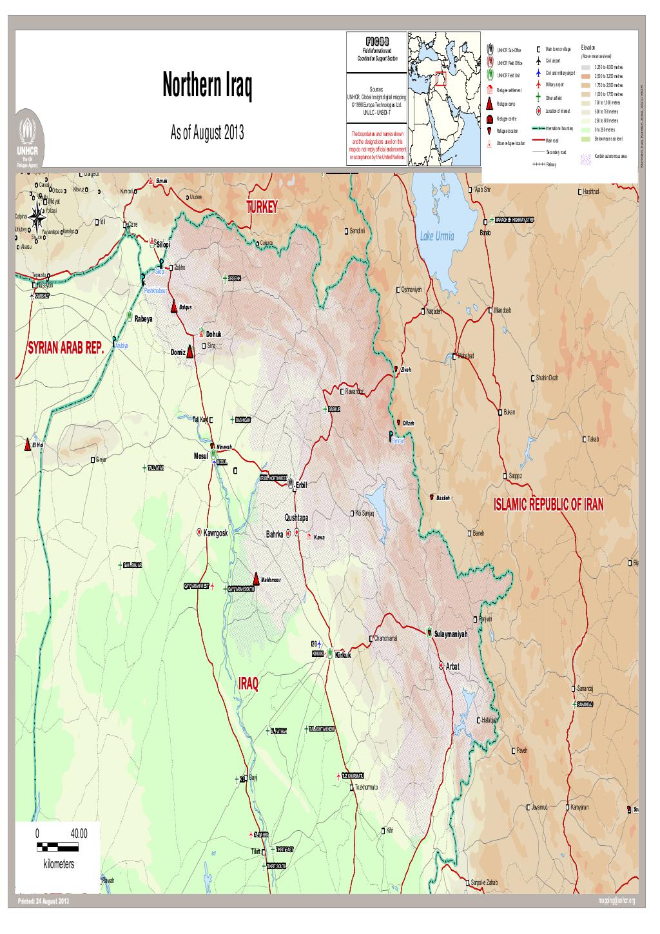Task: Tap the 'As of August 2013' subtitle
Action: point(207,134)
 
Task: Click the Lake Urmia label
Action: point(437,237)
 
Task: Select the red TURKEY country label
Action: point(261,207)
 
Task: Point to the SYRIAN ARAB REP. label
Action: point(66,349)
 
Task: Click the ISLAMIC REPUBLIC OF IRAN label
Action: point(548,505)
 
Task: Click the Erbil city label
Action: point(302,485)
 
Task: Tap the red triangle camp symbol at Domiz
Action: point(191,351)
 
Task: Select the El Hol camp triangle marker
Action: point(28,445)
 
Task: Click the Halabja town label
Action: point(489,720)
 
